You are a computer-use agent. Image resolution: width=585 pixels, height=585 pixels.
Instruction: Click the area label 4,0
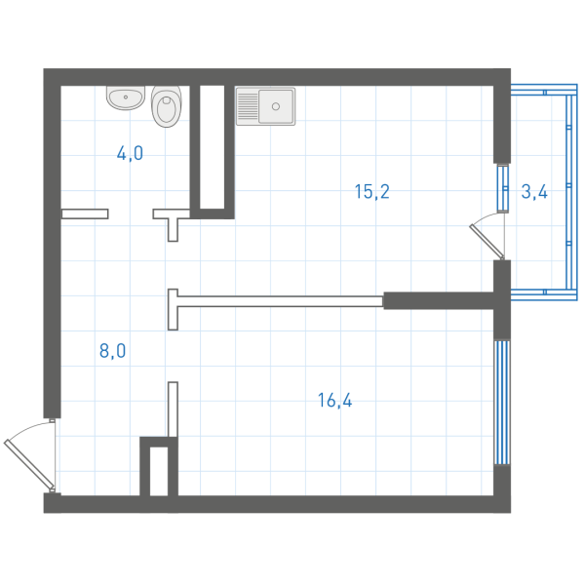tap(130, 153)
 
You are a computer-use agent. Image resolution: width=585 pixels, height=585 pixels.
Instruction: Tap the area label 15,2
tap(372, 192)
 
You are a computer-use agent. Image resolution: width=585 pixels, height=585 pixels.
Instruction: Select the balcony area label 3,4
tap(534, 192)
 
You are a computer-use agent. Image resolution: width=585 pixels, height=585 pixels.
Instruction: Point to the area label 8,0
tap(112, 351)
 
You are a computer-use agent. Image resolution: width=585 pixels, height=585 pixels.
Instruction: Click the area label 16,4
tap(334, 401)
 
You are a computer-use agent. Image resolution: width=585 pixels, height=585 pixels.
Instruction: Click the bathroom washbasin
tap(126, 97)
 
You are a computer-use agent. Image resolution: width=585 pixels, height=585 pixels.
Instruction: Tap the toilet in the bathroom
tap(167, 106)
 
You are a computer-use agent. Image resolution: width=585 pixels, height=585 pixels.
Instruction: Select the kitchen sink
tap(265, 106)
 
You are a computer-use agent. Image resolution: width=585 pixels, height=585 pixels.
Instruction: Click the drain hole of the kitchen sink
tap(276, 106)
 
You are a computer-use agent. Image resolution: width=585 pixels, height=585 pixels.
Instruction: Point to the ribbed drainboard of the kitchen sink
tap(248, 106)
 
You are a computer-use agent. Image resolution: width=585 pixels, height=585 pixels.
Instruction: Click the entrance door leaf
tap(29, 464)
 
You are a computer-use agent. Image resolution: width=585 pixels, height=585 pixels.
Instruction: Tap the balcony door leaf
tap(487, 242)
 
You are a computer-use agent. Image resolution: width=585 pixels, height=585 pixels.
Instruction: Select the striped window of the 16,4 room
tap(502, 402)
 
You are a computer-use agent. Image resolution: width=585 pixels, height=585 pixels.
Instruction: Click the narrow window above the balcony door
tap(503, 188)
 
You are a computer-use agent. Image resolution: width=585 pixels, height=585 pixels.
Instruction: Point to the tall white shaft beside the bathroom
tap(212, 147)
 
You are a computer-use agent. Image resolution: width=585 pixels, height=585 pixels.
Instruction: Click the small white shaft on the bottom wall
tap(159, 472)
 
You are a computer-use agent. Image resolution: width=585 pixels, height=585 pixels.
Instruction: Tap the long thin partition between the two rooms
tap(280, 301)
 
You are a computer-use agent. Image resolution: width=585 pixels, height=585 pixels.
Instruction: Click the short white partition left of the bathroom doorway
tap(85, 214)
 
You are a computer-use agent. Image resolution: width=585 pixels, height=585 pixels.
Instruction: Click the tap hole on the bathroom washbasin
tap(126, 97)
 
